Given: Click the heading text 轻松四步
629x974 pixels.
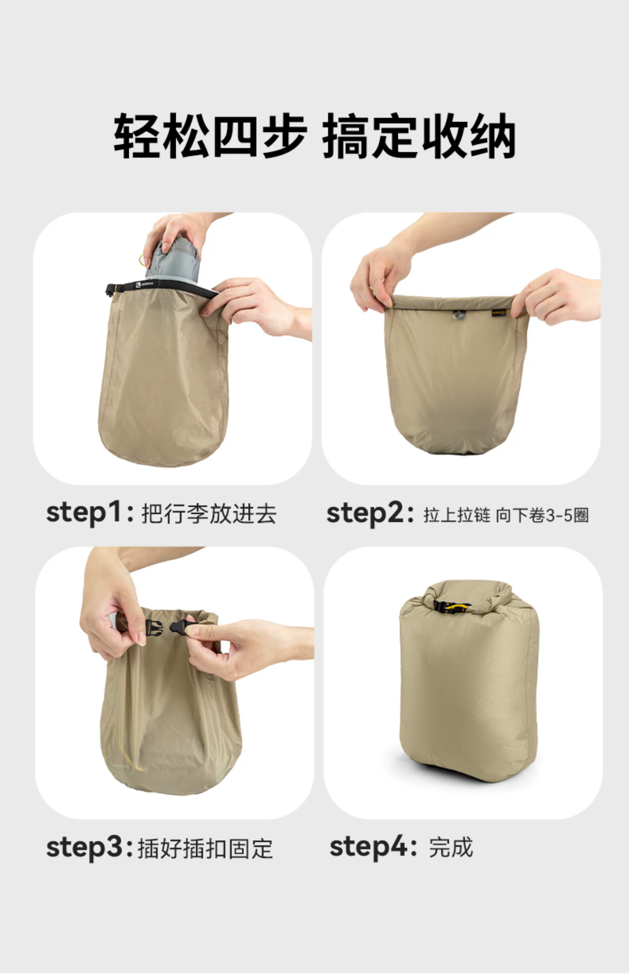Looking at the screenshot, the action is click(210, 136).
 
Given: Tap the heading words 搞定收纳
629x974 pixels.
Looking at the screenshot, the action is click(419, 136).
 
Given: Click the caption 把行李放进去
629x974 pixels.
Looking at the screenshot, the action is click(209, 514).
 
